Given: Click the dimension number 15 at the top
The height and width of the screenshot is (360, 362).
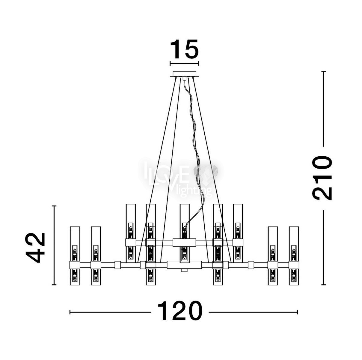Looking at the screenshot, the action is (x=184, y=49).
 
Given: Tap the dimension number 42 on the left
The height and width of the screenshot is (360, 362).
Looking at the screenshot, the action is (x=35, y=247).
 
